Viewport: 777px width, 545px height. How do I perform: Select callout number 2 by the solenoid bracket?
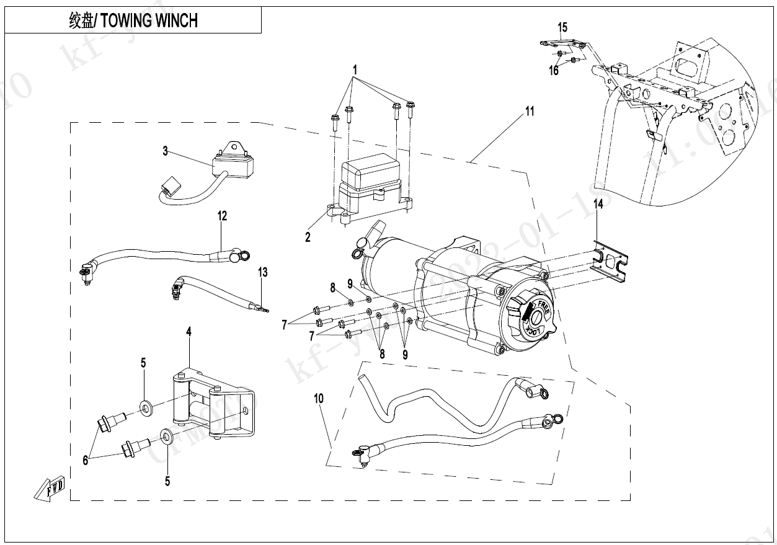click(x=308, y=237)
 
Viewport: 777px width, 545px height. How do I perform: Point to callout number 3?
click(x=166, y=151)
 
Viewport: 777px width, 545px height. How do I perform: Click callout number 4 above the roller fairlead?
click(x=189, y=332)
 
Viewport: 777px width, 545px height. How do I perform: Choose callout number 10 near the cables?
click(x=319, y=398)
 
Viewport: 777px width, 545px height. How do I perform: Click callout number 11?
click(x=529, y=112)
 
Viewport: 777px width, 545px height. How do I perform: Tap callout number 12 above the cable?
click(x=222, y=216)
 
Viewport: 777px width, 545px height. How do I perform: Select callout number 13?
click(x=263, y=272)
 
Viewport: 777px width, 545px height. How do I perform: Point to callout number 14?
click(x=597, y=205)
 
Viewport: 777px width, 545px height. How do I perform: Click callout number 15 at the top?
click(x=562, y=27)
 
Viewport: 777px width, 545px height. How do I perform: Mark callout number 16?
click(x=553, y=71)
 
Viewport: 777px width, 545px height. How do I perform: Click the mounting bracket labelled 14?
click(x=611, y=260)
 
